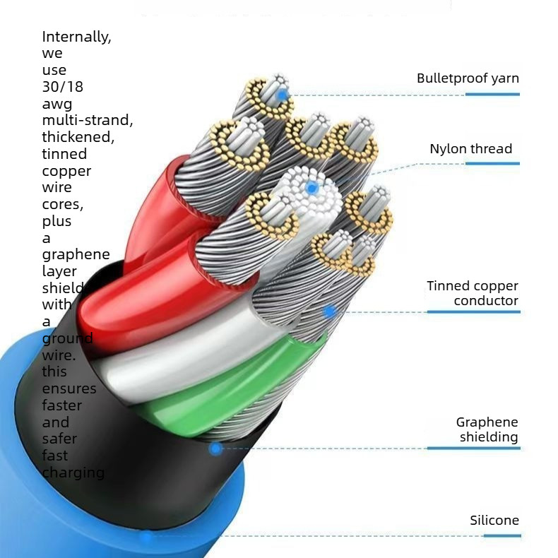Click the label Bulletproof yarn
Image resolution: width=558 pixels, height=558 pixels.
click(468, 78)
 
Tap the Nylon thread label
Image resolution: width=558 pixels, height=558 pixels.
click(471, 149)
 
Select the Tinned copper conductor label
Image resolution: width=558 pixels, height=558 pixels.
click(473, 293)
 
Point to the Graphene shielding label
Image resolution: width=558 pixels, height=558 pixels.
click(487, 429)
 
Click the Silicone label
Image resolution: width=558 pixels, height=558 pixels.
click(494, 521)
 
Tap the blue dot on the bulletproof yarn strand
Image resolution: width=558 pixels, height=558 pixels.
click(283, 95)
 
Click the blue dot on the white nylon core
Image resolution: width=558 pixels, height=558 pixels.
click(311, 188)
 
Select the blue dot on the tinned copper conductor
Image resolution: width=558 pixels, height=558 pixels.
click(330, 312)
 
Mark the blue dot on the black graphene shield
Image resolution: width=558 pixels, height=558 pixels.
click(215, 449)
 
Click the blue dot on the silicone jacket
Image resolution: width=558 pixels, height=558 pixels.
click(146, 536)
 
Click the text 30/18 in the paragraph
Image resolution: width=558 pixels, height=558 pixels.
click(63, 87)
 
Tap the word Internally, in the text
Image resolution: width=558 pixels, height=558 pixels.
click(76, 37)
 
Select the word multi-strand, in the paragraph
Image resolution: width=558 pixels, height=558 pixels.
click(88, 120)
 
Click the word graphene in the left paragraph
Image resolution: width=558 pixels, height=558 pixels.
click(76, 255)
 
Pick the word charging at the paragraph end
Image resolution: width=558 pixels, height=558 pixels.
click(73, 473)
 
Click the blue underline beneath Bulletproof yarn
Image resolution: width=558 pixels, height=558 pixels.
click(492, 95)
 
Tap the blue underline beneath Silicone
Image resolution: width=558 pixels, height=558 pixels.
click(502, 535)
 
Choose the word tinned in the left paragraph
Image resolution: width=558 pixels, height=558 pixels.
click(64, 154)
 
